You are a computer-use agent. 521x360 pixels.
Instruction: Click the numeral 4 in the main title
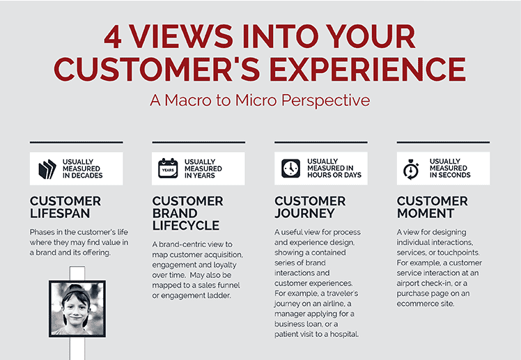point(113,36)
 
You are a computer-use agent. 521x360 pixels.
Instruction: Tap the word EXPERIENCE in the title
point(368,69)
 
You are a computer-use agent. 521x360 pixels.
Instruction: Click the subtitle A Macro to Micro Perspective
point(260,100)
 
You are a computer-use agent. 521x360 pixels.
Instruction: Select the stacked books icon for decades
point(47,169)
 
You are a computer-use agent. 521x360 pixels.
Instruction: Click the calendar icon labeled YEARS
point(168,169)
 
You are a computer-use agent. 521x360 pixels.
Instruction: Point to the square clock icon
point(290,168)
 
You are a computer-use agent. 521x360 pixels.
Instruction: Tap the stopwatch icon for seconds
point(411,169)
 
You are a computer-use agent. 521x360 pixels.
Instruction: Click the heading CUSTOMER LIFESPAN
point(65,208)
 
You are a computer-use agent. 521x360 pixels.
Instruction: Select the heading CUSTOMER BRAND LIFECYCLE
point(188,213)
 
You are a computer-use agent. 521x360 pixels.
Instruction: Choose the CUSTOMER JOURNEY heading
point(310,208)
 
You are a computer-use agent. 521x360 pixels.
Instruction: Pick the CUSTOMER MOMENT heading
point(433,208)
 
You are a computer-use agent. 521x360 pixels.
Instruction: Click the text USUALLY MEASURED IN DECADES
point(83,169)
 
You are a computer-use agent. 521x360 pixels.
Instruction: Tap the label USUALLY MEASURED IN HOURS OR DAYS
point(334,168)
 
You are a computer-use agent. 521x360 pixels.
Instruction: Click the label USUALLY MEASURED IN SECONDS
point(450,168)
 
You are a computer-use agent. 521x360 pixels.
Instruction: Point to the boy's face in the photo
point(76,311)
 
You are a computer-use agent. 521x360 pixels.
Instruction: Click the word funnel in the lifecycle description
point(229,285)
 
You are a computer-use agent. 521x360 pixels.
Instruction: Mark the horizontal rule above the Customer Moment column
point(443,142)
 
